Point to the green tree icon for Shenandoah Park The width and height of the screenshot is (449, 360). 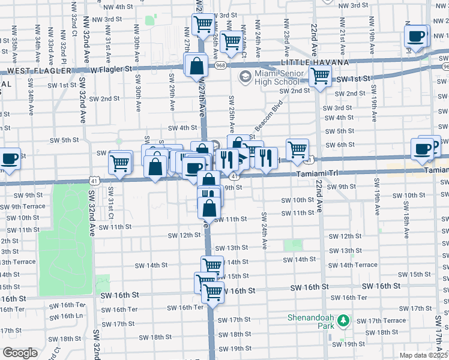point(343,321)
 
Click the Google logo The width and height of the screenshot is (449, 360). point(20,353)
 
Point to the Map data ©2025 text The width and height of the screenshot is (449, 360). point(424,355)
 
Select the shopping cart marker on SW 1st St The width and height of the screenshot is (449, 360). point(320,76)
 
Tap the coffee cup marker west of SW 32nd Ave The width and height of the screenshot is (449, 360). point(10,158)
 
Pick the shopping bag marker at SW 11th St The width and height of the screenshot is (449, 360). point(209,208)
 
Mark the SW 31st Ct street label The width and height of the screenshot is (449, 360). point(111,194)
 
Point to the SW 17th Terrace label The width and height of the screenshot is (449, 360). point(386,320)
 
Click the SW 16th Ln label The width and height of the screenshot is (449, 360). point(71,316)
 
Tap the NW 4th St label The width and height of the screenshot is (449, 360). point(118,7)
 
